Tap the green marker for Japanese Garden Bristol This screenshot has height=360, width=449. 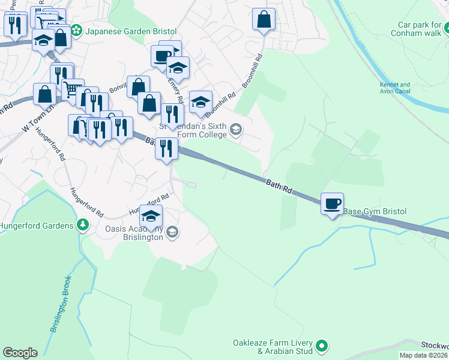[x=76, y=29]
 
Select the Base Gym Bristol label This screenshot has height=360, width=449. [x=375, y=211]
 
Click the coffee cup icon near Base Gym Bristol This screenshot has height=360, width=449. [x=331, y=203]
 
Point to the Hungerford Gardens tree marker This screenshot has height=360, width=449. [x=83, y=226]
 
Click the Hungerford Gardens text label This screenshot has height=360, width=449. [x=37, y=226]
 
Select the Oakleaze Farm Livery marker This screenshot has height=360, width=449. [x=322, y=345]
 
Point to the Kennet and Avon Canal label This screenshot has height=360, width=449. [x=395, y=88]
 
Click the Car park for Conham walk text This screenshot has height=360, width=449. [x=419, y=29]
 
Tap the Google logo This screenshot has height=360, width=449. [x=20, y=353]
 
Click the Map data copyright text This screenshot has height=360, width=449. [x=424, y=355]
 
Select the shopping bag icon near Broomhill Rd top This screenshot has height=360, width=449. [x=263, y=19]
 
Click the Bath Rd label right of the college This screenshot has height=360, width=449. [x=279, y=186]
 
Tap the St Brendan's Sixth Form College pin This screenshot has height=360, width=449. [x=237, y=129]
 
